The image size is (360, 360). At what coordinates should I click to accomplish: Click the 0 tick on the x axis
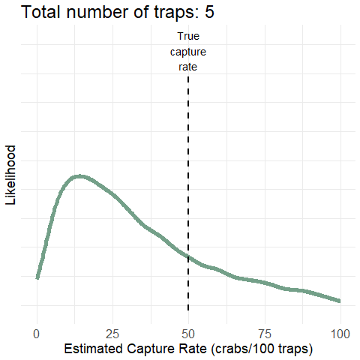[37, 334]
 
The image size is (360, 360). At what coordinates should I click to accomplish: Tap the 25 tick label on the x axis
[112, 334]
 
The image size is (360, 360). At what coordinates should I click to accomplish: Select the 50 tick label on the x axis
[188, 334]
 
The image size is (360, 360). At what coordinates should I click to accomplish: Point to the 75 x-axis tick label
[264, 334]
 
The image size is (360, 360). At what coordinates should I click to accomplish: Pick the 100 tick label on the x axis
[340, 334]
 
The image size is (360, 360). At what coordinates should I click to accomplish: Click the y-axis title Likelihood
[10, 175]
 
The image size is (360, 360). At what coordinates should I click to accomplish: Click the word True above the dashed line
[188, 36]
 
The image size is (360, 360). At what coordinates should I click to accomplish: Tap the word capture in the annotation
[188, 52]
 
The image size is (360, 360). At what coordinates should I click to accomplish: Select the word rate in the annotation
[188, 67]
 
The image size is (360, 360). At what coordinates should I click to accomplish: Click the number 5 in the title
[209, 12]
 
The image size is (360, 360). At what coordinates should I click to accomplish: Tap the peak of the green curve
[79, 176]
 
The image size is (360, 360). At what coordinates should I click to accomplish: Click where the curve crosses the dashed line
[188, 257]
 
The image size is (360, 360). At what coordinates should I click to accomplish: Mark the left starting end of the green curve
[37, 277]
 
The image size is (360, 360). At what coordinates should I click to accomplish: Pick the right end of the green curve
[340, 301]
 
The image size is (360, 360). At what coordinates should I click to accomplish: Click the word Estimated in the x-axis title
[93, 349]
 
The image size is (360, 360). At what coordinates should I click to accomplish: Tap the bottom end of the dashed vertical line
[188, 310]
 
